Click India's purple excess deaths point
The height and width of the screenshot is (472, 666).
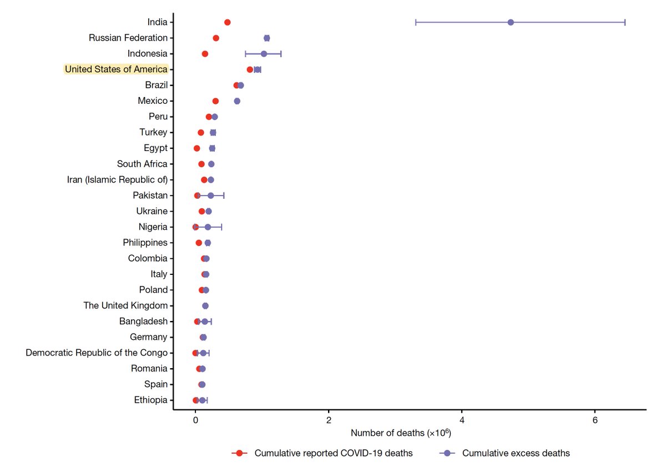511,22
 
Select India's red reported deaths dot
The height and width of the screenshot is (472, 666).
227,22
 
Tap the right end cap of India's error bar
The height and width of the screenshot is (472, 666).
625,22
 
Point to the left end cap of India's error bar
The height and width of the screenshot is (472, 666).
416,22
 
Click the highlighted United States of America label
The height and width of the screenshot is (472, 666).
116,69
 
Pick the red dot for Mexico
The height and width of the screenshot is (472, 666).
215,101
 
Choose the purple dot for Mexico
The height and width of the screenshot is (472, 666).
237,101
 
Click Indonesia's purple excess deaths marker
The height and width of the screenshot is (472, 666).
264,54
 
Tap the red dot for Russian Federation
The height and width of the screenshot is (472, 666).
216,38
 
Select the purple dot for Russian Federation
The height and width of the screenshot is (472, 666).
266,38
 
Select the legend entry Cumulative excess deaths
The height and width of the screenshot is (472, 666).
516,453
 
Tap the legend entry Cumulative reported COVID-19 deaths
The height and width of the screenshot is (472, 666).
333,453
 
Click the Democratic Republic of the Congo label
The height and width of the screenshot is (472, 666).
97,353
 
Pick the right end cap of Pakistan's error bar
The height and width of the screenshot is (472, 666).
224,195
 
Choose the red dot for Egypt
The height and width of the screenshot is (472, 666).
196,148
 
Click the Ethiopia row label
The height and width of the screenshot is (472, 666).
150,400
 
